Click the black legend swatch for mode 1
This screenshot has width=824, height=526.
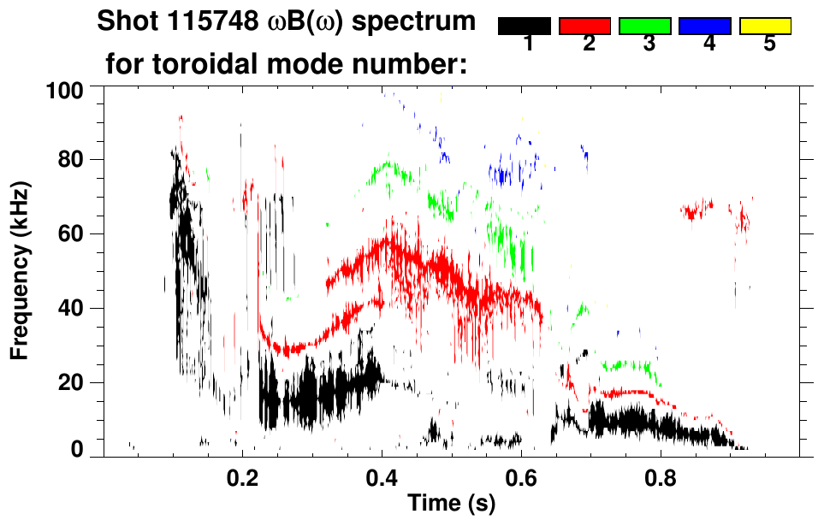click(x=525, y=27)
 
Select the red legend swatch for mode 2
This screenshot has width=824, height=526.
click(x=585, y=27)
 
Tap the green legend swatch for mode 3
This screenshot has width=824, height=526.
click(x=645, y=27)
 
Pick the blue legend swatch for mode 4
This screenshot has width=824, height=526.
click(x=705, y=27)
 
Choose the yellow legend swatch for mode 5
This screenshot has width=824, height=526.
click(x=766, y=27)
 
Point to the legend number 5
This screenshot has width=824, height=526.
click(x=769, y=44)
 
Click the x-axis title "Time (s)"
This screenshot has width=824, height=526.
click(x=451, y=505)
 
